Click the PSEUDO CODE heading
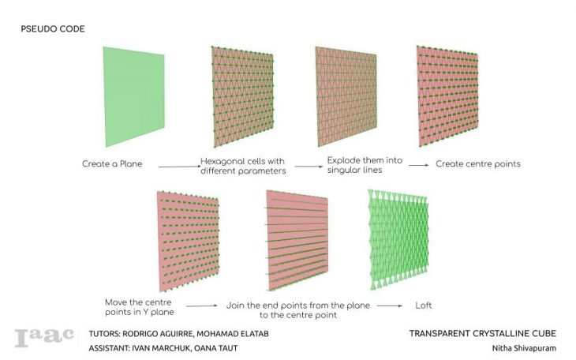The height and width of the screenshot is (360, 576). click(x=53, y=29)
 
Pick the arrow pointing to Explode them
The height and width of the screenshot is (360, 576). click(x=306, y=166)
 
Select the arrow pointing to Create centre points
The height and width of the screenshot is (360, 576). click(x=417, y=165)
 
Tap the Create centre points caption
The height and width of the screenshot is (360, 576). click(x=477, y=165)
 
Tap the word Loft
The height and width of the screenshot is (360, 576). click(x=424, y=306)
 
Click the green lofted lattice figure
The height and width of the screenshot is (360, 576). click(x=398, y=238)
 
